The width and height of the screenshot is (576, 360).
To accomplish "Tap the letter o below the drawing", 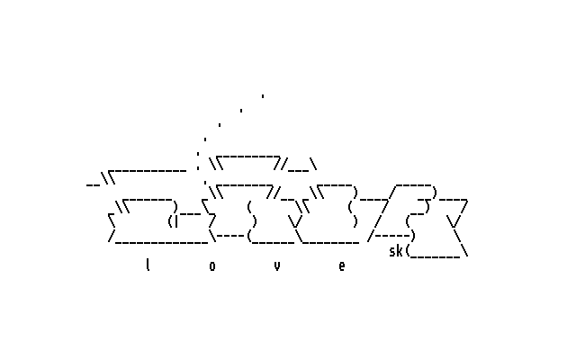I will pyautogui.click(x=212, y=265).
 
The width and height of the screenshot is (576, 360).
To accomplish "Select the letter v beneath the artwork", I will pyautogui.click(x=277, y=265).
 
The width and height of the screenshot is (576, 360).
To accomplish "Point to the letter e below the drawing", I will pyautogui.click(x=342, y=265).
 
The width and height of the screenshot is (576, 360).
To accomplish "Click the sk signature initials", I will pyautogui.click(x=396, y=251).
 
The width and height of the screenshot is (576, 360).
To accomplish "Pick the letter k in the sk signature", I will pyautogui.click(x=400, y=251).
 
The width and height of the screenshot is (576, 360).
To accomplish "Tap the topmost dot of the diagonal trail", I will pyautogui.click(x=263, y=95).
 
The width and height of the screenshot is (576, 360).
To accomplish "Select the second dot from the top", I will pyautogui.click(x=241, y=111).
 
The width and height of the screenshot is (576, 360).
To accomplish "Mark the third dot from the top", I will pyautogui.click(x=220, y=125).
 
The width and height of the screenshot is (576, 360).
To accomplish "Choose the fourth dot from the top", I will pyautogui.click(x=205, y=139).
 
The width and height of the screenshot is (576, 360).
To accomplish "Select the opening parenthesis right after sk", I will pyautogui.click(x=408, y=251).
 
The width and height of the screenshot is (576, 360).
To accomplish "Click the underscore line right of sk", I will pyautogui.click(x=436, y=256).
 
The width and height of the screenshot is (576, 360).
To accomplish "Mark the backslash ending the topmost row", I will pyautogui.click(x=313, y=164).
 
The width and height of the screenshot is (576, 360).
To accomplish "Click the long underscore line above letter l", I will pyautogui.click(x=162, y=242).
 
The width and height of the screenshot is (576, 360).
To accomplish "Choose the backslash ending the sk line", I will pyautogui.click(x=465, y=251).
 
